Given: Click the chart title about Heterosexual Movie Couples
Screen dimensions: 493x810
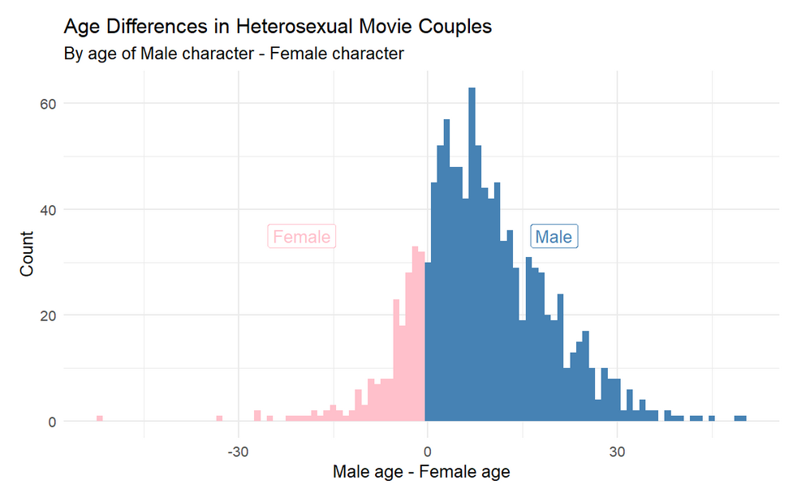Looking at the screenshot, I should point(278,27).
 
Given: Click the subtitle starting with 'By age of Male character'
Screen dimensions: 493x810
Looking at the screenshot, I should point(234,54).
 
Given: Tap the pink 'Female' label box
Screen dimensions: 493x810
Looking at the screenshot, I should point(302,237).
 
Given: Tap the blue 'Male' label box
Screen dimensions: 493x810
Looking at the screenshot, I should point(554,237).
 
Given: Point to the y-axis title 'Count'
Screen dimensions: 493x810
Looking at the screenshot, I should point(28,253).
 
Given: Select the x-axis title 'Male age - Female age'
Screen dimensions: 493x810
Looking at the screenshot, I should point(421,471).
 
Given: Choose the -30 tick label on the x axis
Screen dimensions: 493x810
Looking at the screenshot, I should point(238,451).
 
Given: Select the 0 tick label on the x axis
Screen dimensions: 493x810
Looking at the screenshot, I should point(427,451).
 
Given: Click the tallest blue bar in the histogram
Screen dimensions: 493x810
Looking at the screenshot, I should point(472,243).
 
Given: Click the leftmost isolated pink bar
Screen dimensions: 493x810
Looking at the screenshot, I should point(100,418).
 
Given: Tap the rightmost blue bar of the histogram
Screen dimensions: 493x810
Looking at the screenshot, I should point(740,418).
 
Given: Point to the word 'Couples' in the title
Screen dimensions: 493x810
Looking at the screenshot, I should point(458,27).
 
